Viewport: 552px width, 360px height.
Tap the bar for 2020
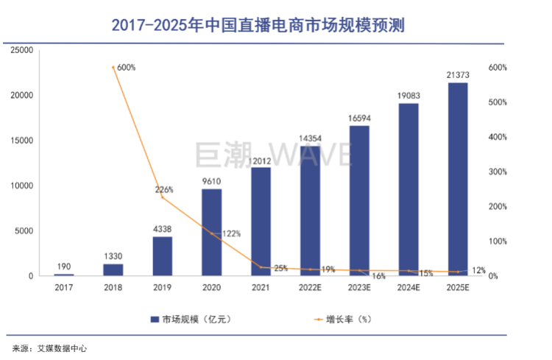[211, 232]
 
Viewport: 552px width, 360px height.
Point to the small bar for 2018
[113, 269]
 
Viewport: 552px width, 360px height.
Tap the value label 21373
[458, 75]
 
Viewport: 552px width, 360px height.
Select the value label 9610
[211, 181]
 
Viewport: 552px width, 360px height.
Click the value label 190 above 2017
[64, 267]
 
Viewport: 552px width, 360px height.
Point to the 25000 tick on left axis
[22, 50]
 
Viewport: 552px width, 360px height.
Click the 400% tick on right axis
[499, 137]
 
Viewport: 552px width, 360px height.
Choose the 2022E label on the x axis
[310, 288]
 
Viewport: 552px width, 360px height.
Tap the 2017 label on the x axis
[64, 288]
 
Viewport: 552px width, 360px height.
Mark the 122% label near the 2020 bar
[230, 233]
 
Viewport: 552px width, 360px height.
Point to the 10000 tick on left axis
[22, 186]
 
